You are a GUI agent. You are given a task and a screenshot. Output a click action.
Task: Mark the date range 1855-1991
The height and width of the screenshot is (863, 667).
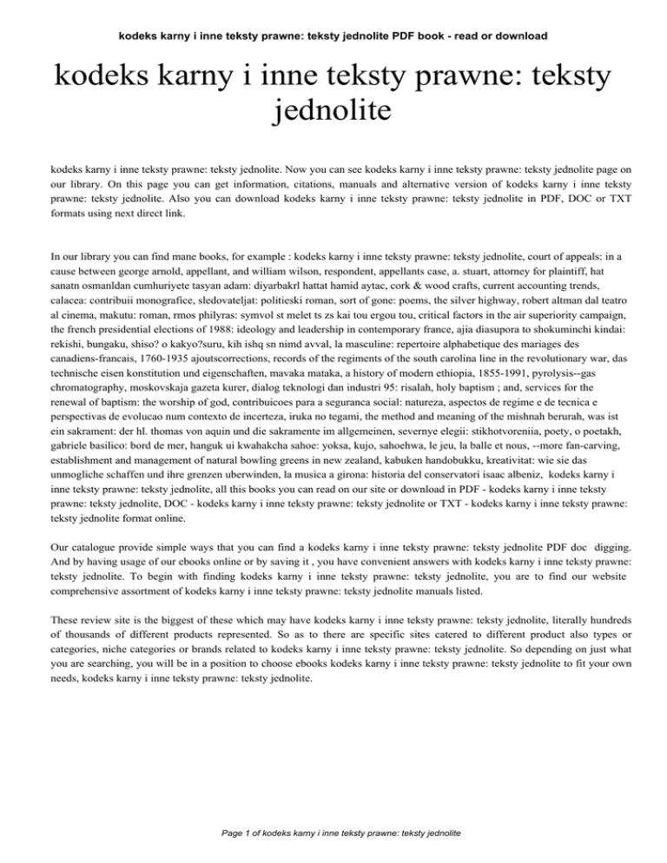(x=518, y=425)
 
